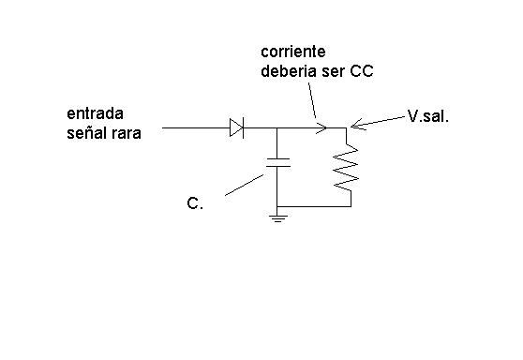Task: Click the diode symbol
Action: pos(236,127)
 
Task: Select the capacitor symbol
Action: pos(277,162)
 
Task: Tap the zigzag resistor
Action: pos(346,168)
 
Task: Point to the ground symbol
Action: pos(277,218)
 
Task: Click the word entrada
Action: pos(95,113)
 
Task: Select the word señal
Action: pos(85,133)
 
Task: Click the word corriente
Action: pos(292,52)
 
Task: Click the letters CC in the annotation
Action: pos(361,71)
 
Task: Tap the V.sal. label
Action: pos(428,117)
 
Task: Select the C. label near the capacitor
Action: pos(195,203)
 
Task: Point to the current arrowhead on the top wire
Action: pos(321,127)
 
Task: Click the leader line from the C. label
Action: pos(244,185)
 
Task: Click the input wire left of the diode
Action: pos(196,127)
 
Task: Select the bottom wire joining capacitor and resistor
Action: pos(314,206)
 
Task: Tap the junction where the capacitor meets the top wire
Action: pos(276,127)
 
